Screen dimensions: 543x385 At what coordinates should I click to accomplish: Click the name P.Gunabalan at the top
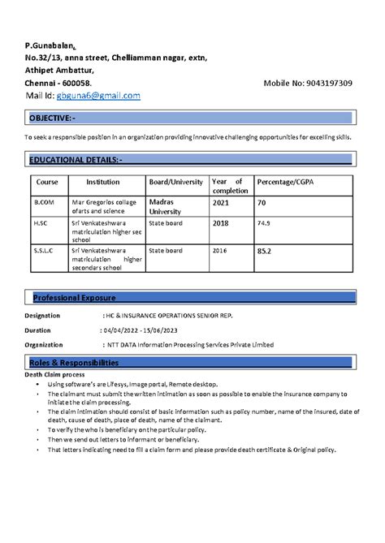50,45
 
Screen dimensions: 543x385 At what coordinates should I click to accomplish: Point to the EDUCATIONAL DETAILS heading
75,159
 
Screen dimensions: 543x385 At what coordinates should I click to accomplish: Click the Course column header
47,182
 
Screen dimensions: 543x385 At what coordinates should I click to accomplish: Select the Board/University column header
175,182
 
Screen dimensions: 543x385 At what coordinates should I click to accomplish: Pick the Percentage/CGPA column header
288,182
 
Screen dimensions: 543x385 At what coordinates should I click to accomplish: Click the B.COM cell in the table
42,201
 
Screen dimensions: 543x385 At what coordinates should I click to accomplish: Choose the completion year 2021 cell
221,202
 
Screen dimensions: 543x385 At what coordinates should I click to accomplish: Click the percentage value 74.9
263,222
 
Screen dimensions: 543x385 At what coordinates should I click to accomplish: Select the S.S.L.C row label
44,251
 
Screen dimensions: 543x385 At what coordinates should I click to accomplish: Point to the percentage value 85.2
264,252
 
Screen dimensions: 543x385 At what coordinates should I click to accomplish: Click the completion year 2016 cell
220,251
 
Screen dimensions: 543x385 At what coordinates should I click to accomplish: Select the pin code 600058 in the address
76,84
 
